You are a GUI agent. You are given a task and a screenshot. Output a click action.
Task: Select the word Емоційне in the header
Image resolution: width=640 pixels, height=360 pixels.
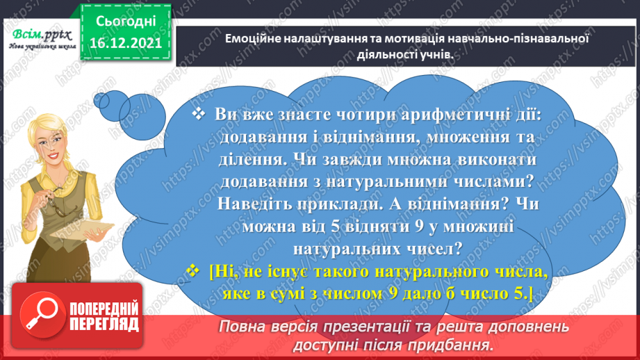[252, 40]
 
